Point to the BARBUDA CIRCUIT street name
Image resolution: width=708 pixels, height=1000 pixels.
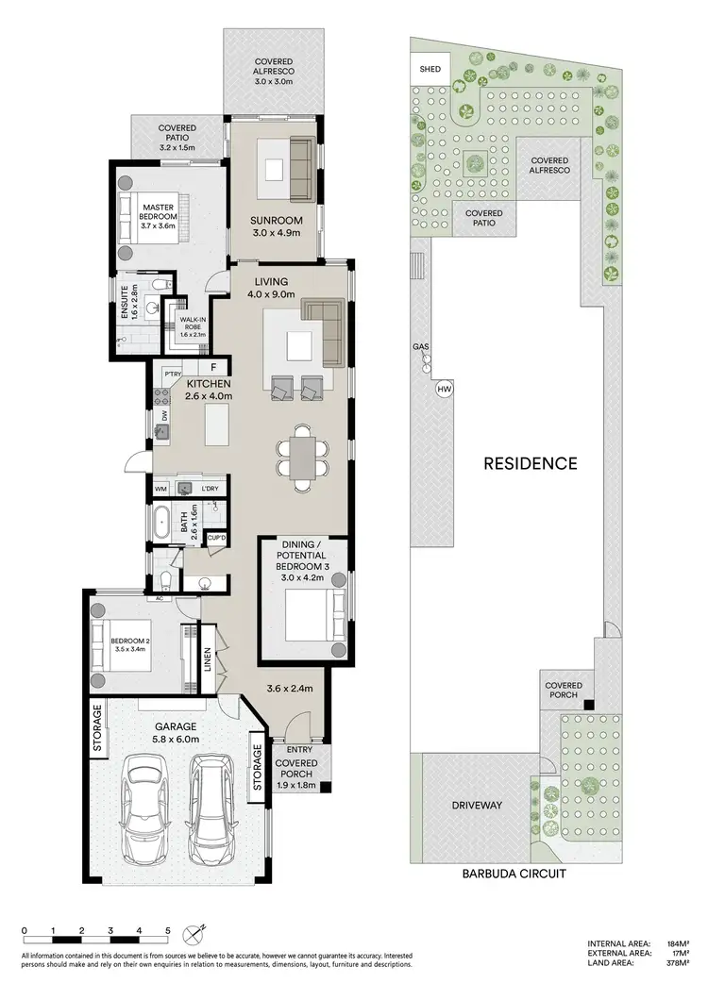(514, 875)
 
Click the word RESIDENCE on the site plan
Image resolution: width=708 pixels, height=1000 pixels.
(530, 463)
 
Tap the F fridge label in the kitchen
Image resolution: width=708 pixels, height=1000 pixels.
(214, 368)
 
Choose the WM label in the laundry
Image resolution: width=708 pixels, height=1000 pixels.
(161, 488)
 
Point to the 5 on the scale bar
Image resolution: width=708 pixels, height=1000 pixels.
(168, 930)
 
